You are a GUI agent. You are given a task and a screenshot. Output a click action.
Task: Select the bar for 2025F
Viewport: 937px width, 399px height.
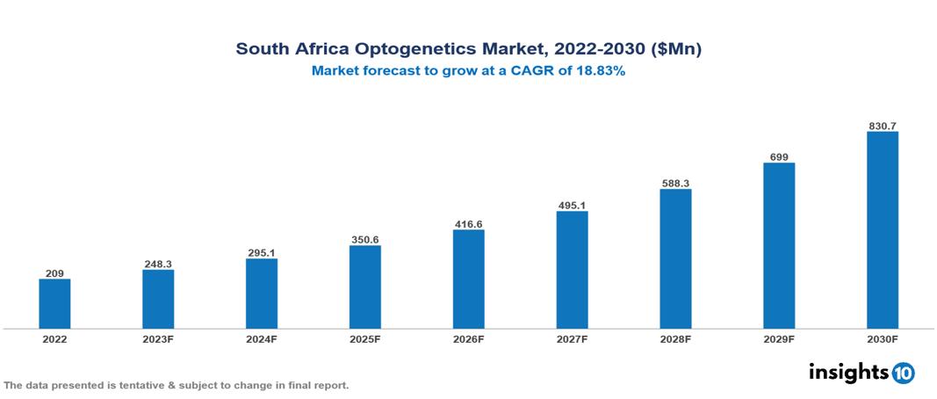tap(364, 287)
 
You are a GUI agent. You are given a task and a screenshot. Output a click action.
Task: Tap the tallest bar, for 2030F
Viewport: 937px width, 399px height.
tap(882, 230)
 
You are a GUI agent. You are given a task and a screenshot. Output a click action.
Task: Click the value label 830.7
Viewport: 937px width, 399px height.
tap(882, 126)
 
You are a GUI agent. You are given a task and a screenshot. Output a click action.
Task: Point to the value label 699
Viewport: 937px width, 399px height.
tap(779, 156)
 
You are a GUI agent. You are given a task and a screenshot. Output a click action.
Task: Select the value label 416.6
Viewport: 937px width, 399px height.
tap(468, 224)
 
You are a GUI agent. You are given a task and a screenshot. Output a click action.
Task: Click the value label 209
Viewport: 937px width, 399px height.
tap(54, 273)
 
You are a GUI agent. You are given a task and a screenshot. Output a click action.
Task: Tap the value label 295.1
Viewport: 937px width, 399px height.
tap(262, 253)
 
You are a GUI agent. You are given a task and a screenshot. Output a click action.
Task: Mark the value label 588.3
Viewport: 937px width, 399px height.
tap(675, 183)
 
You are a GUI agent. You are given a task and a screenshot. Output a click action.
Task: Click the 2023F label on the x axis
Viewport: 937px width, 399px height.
tap(158, 339)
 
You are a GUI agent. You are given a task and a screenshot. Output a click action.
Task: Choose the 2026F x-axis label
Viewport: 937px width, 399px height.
tap(468, 339)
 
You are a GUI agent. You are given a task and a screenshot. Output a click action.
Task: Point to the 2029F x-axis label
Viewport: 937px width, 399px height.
tap(779, 339)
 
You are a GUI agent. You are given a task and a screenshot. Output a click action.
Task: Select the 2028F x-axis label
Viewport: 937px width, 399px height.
tap(675, 339)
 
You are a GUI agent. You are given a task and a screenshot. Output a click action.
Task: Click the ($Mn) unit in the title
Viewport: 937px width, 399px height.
tap(676, 49)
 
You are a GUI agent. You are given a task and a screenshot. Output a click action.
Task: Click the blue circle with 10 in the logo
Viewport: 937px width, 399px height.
tap(903, 374)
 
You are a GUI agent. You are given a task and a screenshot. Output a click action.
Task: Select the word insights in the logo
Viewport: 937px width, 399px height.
tap(848, 373)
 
